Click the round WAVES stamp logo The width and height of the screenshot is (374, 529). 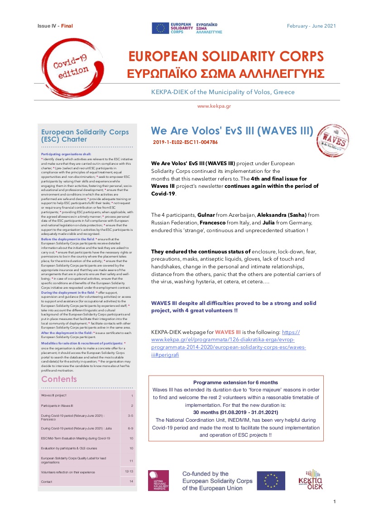pyautogui.click(x=332, y=141)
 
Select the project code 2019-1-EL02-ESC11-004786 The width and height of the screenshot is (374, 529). pyautogui.click(x=185, y=142)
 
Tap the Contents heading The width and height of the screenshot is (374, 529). pyautogui.click(x=59, y=379)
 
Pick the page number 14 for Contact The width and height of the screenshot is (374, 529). pyautogui.click(x=130, y=482)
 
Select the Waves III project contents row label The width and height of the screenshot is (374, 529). pyautogui.click(x=54, y=396)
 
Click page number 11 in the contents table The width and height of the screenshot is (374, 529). pyautogui.click(x=130, y=461)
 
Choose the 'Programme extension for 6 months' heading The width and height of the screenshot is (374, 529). pyautogui.click(x=235, y=382)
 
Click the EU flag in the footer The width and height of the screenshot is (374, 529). pyautogui.click(x=271, y=481)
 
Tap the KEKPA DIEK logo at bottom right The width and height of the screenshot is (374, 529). pyautogui.click(x=310, y=480)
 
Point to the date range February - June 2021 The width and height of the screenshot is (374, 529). pyautogui.click(x=312, y=26)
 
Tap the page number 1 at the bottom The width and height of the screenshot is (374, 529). pyautogui.click(x=334, y=501)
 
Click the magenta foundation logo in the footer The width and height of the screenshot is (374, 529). pyautogui.click(x=158, y=481)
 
